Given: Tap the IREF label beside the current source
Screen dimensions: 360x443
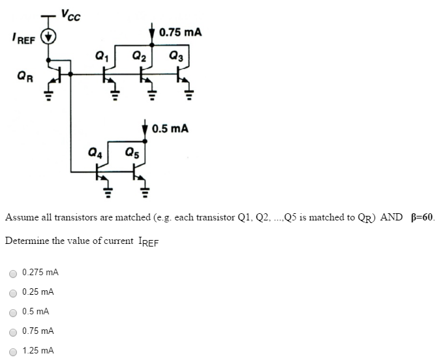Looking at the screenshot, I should click(x=22, y=40).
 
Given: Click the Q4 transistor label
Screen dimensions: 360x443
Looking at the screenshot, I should click(x=95, y=154).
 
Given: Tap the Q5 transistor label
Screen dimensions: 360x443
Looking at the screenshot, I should click(x=133, y=154).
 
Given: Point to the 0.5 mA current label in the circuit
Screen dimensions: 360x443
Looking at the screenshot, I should click(x=170, y=128).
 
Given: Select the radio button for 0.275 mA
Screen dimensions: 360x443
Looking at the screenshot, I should click(x=13, y=272).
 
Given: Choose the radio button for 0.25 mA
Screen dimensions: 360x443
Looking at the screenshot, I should click(x=13, y=292).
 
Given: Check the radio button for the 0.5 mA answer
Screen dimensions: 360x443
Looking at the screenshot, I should click(x=13, y=312).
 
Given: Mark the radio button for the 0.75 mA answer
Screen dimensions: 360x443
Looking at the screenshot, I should click(x=13, y=331).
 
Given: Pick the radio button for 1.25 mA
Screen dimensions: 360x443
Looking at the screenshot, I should click(x=13, y=351).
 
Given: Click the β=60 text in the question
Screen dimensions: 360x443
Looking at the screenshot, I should click(x=422, y=217).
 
